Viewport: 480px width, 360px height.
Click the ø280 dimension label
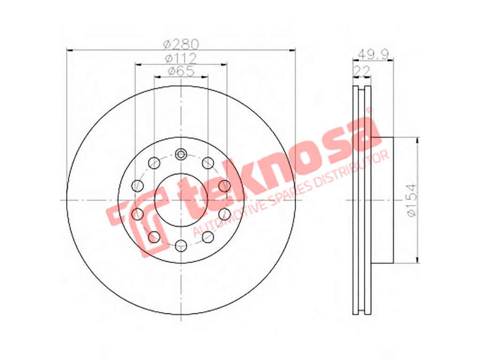pyautogui.click(x=181, y=44)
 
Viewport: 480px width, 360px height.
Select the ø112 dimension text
pyautogui.click(x=181, y=58)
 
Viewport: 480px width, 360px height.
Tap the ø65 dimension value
pyautogui.click(x=181, y=71)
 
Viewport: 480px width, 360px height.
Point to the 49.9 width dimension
pyautogui.click(x=373, y=54)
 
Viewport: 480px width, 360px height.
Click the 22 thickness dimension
pyautogui.click(x=362, y=71)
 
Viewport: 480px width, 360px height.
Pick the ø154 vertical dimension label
pyautogui.click(x=412, y=200)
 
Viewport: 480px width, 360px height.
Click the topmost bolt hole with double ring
pyautogui.click(x=181, y=154)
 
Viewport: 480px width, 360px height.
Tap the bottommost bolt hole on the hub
pyautogui.click(x=181, y=245)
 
